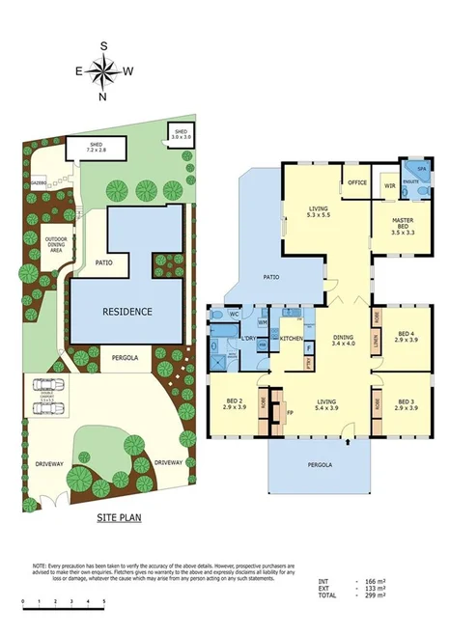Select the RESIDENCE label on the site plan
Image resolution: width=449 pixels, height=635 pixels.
point(127,312)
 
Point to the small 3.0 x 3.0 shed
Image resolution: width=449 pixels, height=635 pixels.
point(181,133)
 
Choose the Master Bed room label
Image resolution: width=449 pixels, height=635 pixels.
point(404,227)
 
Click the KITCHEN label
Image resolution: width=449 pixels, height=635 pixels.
point(293,339)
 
